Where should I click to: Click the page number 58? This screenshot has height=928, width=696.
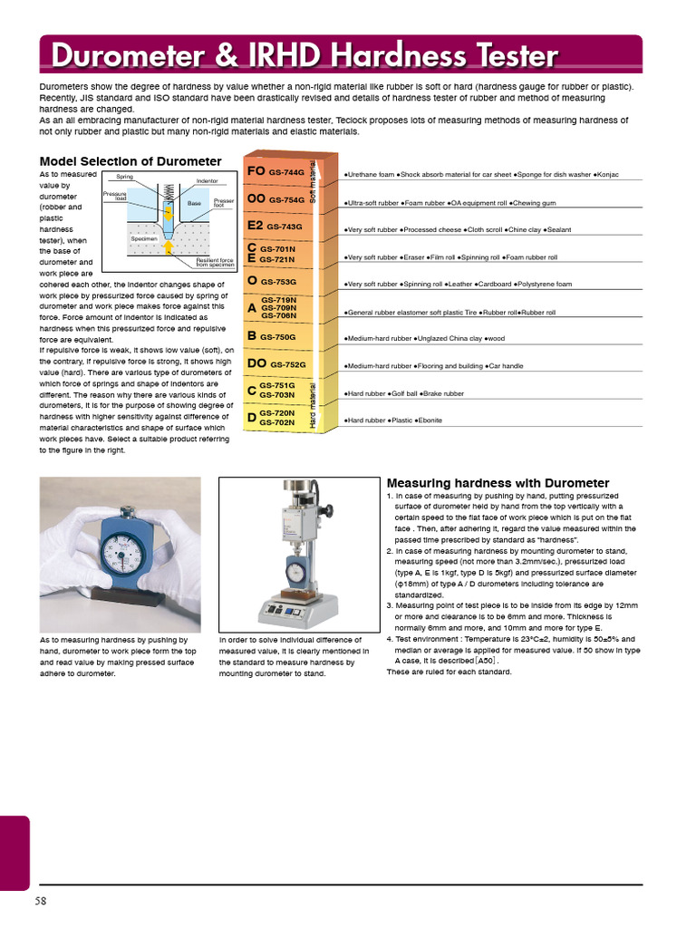click(41, 901)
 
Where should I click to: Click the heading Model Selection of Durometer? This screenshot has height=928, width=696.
click(130, 161)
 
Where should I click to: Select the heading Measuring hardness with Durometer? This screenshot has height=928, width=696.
click(498, 483)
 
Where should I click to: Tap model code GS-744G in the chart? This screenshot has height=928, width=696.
click(286, 172)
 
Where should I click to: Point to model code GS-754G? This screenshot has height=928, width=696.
click(286, 199)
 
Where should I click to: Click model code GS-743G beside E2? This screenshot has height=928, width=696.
click(285, 227)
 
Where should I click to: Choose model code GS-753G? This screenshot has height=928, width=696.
click(278, 282)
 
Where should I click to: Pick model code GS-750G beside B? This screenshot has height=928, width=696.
click(278, 337)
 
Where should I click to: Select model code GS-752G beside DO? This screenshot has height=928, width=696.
click(288, 364)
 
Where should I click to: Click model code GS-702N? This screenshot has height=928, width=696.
click(277, 422)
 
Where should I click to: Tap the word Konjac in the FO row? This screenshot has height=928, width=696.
click(608, 174)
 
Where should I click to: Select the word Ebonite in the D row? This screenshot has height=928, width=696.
click(430, 421)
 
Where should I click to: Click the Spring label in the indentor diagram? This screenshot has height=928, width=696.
click(124, 176)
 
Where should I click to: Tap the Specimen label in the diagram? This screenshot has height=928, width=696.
click(144, 238)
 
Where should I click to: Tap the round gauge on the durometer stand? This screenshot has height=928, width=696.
click(296, 568)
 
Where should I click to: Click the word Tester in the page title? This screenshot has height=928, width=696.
click(502, 56)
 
